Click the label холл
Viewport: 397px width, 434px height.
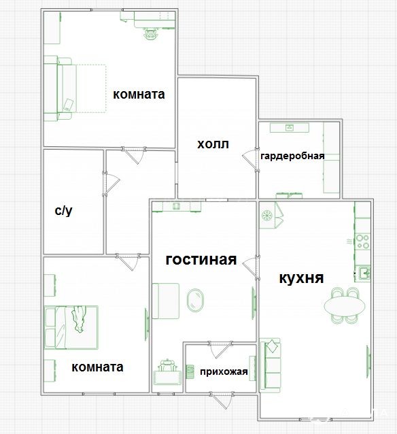click(x=213, y=144)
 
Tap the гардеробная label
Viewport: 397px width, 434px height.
click(x=292, y=156)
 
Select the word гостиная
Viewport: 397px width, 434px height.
click(x=201, y=260)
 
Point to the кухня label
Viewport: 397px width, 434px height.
click(x=301, y=278)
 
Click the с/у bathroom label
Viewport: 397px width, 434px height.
click(x=64, y=211)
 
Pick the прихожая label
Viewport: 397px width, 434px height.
click(x=224, y=371)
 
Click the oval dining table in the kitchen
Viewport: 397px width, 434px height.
click(x=345, y=306)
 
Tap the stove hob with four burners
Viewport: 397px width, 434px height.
click(x=362, y=241)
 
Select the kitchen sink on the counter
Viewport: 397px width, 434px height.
click(x=364, y=273)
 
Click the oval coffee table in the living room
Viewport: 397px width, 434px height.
click(x=195, y=300)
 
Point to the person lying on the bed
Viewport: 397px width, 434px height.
click(x=78, y=318)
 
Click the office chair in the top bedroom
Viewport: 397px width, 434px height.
click(x=151, y=34)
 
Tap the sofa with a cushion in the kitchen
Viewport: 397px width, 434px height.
click(x=270, y=365)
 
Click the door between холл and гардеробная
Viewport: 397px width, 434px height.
click(x=250, y=160)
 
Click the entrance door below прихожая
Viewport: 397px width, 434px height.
click(x=220, y=400)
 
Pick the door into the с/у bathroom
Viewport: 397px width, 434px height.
click(x=111, y=183)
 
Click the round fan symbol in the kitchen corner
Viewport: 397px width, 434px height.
click(x=267, y=215)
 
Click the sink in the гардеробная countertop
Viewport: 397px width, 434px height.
click(x=290, y=127)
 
